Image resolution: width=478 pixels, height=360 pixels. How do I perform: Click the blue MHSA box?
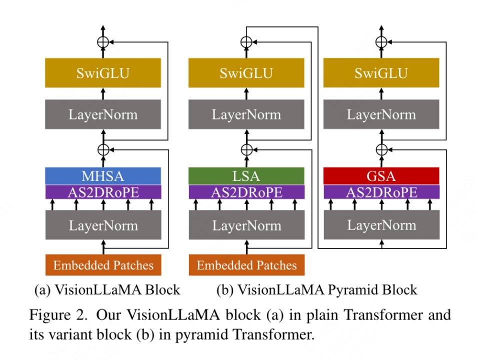coord(103,176)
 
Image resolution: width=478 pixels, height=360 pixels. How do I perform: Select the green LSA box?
coord(246,176)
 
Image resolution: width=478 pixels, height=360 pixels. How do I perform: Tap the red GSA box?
coord(381,176)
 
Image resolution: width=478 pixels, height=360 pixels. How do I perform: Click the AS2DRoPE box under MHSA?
coord(103,192)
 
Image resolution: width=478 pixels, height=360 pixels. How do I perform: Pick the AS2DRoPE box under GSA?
coord(381,192)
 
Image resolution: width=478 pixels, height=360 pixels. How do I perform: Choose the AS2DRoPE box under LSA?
coord(246,192)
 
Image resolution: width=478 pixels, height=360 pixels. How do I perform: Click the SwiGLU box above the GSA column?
coord(381,73)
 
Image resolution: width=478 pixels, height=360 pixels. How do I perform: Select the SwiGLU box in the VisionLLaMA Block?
coord(103,73)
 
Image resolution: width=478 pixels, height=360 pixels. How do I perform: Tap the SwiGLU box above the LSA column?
coord(246,73)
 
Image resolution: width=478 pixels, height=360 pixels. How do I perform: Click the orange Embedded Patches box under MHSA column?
coord(103,265)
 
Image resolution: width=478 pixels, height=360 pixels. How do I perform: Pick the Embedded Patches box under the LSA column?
coord(246,265)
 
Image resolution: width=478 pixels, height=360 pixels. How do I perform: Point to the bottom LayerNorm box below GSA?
coord(381,225)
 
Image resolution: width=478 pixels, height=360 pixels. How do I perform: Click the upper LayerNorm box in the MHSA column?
coord(103,114)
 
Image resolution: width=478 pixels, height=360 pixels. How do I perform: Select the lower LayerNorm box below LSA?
coord(246,225)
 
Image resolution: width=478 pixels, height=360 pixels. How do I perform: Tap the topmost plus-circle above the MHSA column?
coord(103,42)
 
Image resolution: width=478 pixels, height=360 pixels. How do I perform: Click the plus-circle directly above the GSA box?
coord(381,149)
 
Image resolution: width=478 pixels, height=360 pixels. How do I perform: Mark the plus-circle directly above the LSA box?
coord(246,149)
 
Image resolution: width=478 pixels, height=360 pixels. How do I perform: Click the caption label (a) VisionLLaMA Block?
coord(107,289)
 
